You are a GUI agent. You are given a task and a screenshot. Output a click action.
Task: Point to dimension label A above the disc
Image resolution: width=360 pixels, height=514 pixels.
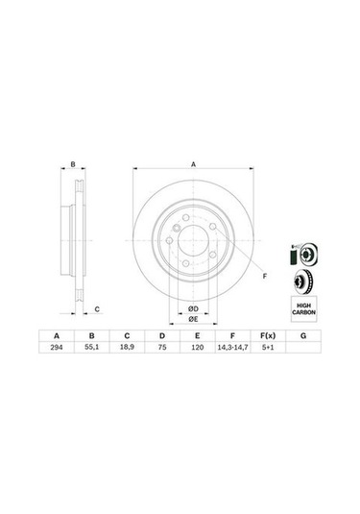pos(193,164)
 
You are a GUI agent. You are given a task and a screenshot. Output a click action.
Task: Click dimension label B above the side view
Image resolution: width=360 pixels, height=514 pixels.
pos(73,164)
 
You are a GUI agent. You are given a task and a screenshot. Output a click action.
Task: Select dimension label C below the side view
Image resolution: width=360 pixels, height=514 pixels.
pos(97,309)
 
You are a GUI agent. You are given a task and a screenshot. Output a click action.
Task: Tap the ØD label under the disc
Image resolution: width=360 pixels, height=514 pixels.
pos(192,307)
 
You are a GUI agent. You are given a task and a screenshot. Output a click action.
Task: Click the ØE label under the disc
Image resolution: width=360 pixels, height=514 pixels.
pos(192,318)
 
